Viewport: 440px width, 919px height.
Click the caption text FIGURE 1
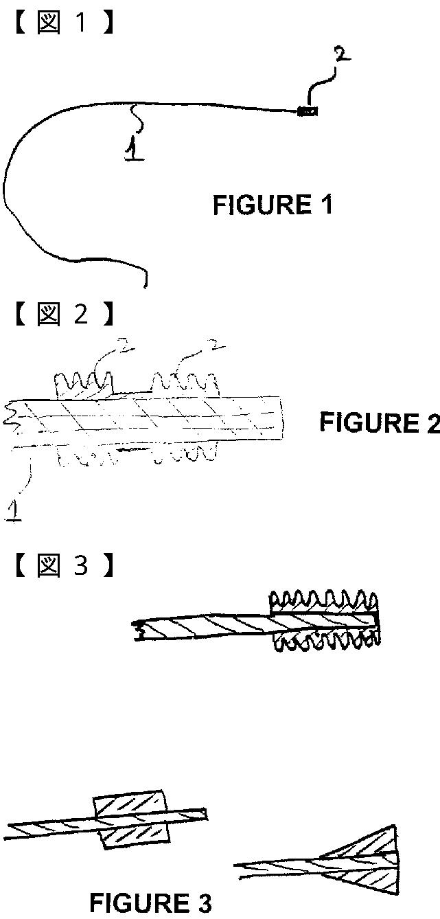[x=273, y=205]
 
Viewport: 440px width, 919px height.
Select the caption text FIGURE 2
[x=379, y=422]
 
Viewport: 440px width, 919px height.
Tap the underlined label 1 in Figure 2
[x=13, y=510]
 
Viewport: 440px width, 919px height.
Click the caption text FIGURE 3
[x=150, y=903]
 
